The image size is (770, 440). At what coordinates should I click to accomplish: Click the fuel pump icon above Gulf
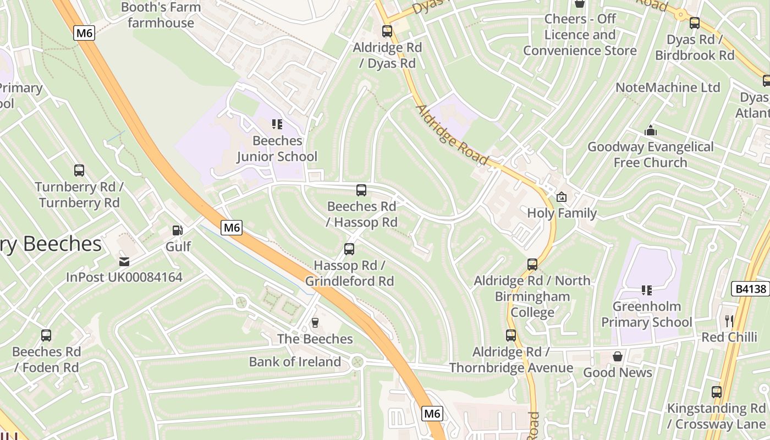177,230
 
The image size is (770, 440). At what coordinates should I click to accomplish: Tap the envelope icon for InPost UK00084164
124,261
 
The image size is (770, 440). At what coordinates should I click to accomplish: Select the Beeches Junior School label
277,149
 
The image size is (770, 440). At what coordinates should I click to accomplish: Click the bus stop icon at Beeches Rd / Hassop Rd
361,190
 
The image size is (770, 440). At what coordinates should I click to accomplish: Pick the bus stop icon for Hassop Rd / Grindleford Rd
349,249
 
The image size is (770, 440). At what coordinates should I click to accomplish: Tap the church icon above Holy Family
562,197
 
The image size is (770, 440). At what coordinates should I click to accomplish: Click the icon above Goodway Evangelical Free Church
651,131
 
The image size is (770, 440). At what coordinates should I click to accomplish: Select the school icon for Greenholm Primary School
647,290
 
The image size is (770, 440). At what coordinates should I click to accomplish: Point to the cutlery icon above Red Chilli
729,321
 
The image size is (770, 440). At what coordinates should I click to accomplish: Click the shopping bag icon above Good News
618,356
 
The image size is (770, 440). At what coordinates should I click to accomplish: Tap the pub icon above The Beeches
315,322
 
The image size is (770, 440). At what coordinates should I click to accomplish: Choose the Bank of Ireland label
295,362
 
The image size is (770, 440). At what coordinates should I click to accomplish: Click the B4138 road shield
751,289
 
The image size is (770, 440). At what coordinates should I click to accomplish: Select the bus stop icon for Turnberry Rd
79,170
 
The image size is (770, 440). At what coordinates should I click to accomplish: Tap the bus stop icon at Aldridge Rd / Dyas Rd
387,31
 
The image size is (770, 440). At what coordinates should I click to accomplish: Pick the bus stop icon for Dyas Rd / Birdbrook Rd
695,23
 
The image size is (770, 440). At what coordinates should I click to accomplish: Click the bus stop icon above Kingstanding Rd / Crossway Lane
716,392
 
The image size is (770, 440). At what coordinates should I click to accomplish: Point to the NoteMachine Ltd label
668,87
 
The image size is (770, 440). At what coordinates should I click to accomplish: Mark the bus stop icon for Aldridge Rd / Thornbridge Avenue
511,335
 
